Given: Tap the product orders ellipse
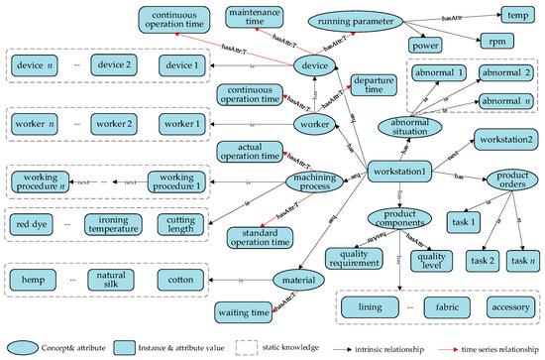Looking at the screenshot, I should [506, 181].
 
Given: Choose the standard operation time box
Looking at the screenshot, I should [267, 239].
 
